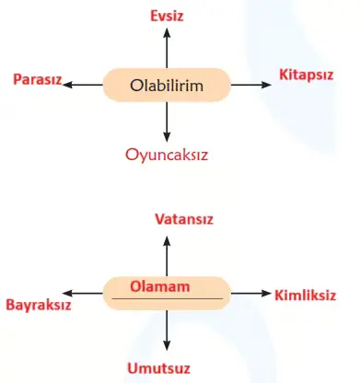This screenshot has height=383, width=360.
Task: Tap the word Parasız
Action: click(x=37, y=80)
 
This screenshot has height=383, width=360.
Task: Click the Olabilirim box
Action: click(x=167, y=86)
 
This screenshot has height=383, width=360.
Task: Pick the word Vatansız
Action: click(x=167, y=221)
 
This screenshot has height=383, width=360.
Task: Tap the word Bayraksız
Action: click(x=39, y=302)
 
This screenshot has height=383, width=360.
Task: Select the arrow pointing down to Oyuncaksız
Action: click(x=167, y=122)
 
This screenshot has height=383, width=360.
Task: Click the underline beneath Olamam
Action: click(x=167, y=300)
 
